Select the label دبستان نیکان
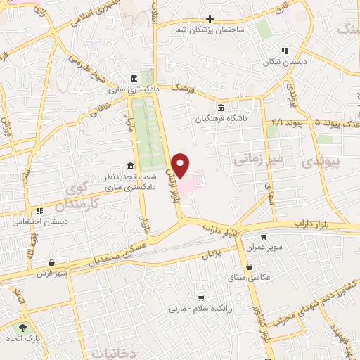click(x=283, y=61)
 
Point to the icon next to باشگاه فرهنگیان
click(x=221, y=108)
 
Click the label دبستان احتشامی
click(x=39, y=221)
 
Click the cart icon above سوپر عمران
click(x=264, y=238)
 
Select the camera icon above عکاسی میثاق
click(x=251, y=266)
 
